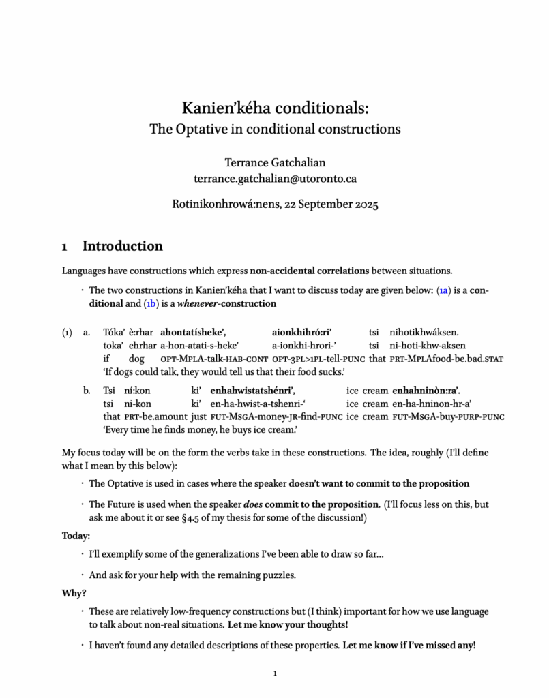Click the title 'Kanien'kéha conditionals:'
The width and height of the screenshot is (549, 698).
click(x=274, y=108)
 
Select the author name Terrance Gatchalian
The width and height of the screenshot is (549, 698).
click(x=274, y=163)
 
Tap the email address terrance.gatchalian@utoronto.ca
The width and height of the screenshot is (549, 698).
click(x=274, y=179)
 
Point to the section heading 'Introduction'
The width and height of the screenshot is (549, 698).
click(x=122, y=246)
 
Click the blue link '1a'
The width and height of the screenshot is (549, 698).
click(x=443, y=290)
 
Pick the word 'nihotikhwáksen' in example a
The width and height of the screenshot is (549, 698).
click(x=424, y=333)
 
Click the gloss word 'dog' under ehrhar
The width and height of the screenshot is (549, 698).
click(x=136, y=358)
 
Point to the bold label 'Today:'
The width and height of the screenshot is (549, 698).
click(x=76, y=536)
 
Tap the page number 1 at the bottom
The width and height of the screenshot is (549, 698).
click(x=274, y=674)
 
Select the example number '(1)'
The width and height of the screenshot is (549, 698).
click(x=67, y=333)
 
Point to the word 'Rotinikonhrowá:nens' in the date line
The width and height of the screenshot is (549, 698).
click(x=224, y=203)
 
